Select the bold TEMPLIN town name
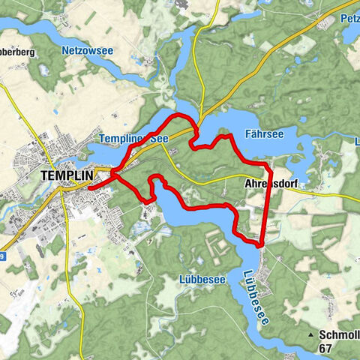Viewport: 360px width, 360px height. (x=65, y=175)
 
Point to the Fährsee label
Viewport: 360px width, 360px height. (x=263, y=135)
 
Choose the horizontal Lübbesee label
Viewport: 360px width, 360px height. (x=202, y=279)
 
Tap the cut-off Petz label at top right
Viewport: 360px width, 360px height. (x=349, y=18)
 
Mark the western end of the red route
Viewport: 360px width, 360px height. (x=89, y=187)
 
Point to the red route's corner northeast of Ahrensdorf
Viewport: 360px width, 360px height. (x=266, y=163)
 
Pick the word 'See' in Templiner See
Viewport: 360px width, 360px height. (x=145, y=138)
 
